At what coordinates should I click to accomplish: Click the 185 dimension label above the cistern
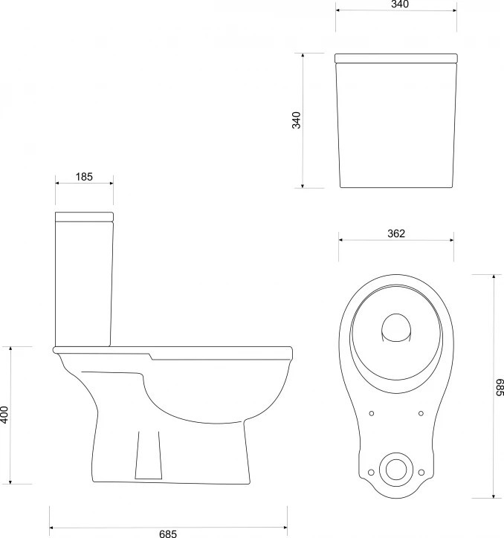coord(84,177)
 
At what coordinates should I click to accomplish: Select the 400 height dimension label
coord(4,415)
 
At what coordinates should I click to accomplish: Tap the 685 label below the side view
coord(168,534)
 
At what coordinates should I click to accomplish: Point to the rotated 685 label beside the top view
coord(500,387)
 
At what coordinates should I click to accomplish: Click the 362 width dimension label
coord(396,233)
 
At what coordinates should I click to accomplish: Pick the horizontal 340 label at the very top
coord(400,4)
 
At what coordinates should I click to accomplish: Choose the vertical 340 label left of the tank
coord(297,120)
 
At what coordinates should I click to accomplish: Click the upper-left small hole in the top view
coord(372,413)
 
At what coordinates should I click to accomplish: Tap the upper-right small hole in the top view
coord(421,413)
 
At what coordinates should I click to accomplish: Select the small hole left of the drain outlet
coord(371,473)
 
